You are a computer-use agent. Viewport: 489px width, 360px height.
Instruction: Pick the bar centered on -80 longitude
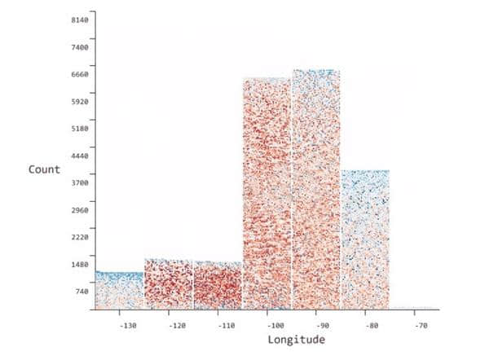(x=365, y=239)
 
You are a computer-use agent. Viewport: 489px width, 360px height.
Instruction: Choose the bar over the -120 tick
(x=168, y=284)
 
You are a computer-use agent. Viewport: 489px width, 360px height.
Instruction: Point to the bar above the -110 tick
(x=218, y=286)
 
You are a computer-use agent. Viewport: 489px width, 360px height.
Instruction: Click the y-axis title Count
(x=44, y=169)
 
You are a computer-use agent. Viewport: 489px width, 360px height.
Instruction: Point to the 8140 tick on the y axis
(x=78, y=20)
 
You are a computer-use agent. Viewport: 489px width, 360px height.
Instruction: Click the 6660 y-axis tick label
(x=78, y=74)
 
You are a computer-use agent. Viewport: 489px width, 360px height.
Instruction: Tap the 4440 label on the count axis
(x=78, y=156)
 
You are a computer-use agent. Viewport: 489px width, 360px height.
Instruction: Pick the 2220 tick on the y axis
(x=78, y=237)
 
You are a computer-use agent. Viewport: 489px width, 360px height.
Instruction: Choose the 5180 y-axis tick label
(x=78, y=129)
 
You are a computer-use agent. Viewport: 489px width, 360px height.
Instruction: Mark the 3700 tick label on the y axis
(x=78, y=182)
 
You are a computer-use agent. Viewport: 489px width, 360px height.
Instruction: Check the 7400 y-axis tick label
(x=78, y=47)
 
